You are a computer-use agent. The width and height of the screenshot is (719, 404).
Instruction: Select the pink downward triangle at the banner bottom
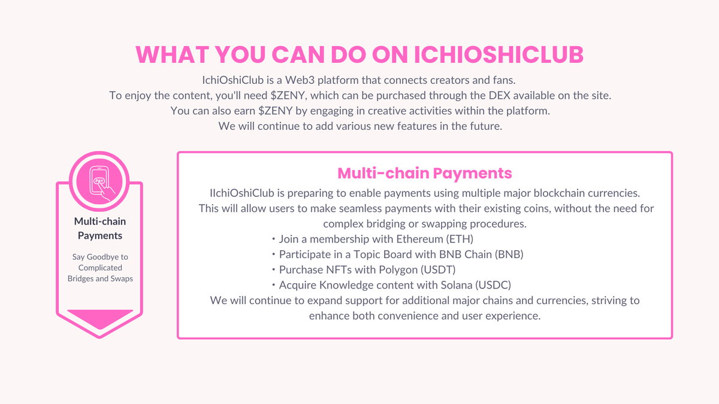100,320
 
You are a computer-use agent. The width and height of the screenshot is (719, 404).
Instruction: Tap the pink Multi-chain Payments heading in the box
425,173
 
